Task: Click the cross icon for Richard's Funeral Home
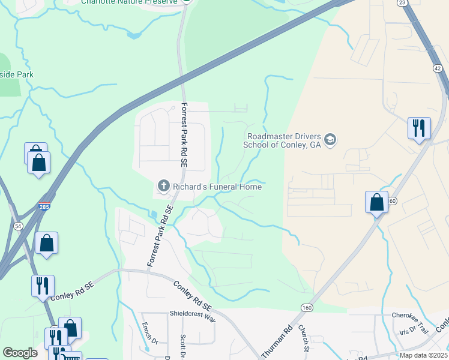162,187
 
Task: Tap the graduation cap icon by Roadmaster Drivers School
330,140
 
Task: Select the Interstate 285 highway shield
45,206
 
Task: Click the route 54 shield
19,224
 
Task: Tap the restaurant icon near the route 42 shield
418,127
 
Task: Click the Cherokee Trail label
409,315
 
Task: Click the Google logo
20,352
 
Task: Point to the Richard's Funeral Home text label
217,187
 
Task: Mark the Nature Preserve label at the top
130,2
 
